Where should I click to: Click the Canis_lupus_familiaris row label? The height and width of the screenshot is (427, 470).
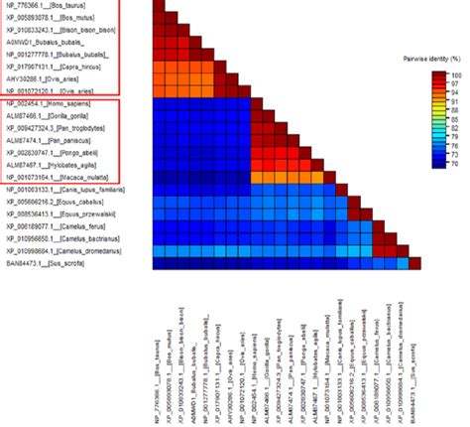65,189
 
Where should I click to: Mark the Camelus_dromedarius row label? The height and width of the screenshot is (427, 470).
64,251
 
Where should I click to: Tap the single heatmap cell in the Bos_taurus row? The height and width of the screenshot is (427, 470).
160,6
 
